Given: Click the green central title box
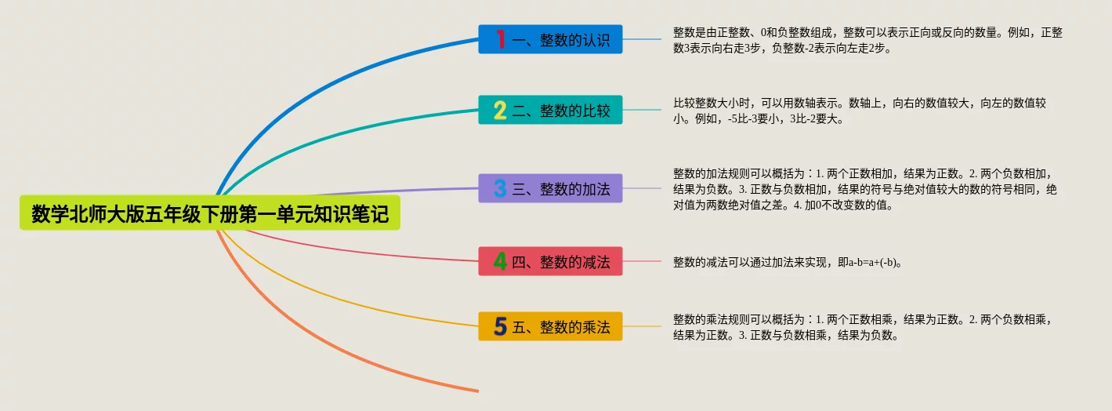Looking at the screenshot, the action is pyautogui.click(x=209, y=213).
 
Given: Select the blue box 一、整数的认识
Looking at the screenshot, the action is pyautogui.click(x=550, y=39).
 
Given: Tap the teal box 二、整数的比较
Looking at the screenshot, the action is pyautogui.click(x=550, y=110).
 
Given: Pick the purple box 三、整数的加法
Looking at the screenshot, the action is pyautogui.click(x=550, y=188).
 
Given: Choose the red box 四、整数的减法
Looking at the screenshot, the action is pyautogui.click(x=550, y=261).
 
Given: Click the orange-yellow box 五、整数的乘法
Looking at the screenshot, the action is pyautogui.click(x=550, y=326).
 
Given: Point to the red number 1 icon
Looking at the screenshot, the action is pyautogui.click(x=501, y=39).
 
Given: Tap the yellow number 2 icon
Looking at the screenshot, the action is pyautogui.click(x=500, y=110).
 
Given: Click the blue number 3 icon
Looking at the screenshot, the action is pyautogui.click(x=500, y=188).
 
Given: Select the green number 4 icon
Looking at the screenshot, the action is pyautogui.click(x=500, y=261).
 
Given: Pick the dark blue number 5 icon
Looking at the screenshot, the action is pyautogui.click(x=500, y=326).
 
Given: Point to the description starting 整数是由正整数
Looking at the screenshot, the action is pyautogui.click(x=868, y=40).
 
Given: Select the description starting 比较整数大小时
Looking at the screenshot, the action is pyautogui.click(x=860, y=111).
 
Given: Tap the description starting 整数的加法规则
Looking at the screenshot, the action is pyautogui.click(x=865, y=189).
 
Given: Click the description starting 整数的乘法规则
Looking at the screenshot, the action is pyautogui.click(x=862, y=327).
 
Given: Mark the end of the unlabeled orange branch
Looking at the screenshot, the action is pyautogui.click(x=478, y=391).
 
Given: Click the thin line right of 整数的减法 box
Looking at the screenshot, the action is pyautogui.click(x=642, y=261).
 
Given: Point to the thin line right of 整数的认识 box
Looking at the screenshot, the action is pyautogui.click(x=642, y=39).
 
